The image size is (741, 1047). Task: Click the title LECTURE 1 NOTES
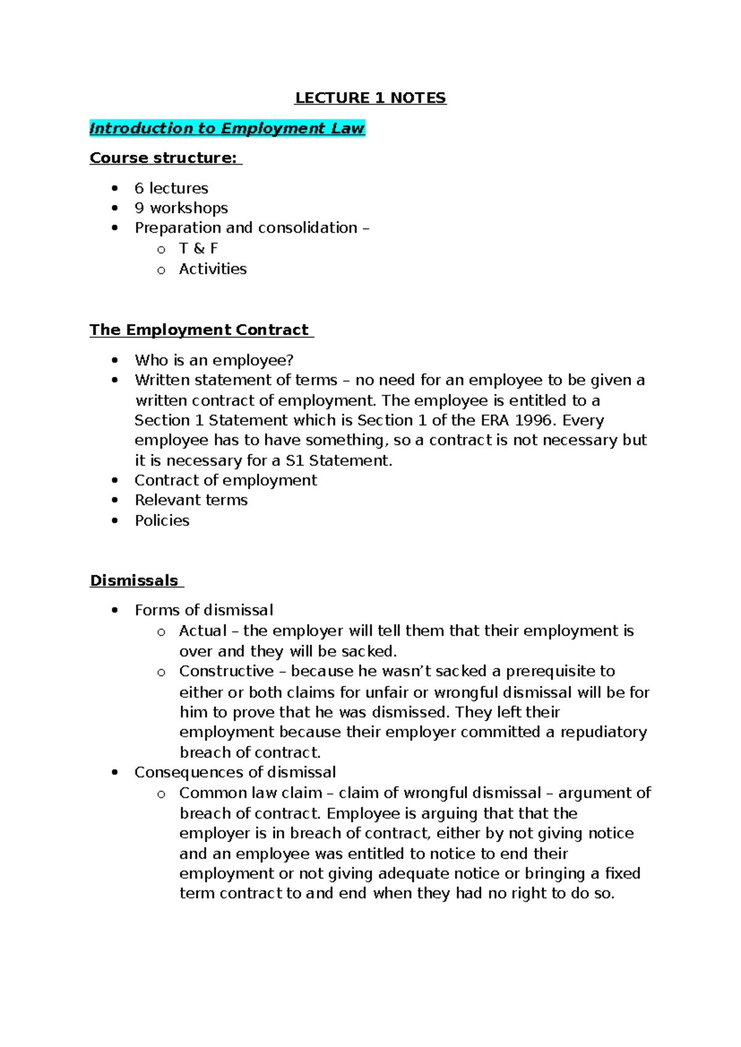coord(370,98)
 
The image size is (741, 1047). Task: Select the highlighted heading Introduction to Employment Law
coord(227,128)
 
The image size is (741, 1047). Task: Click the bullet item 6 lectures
coord(171,188)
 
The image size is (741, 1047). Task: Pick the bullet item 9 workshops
coord(181,208)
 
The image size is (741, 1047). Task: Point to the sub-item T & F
coord(198,248)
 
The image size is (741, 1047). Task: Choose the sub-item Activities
coord(212,269)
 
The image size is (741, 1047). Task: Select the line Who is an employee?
coord(214,360)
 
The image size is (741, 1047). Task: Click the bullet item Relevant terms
coord(191,500)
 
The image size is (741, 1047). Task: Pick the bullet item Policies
coord(162,520)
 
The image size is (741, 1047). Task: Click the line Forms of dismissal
coord(204,611)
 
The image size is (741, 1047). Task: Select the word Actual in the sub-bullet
coord(203,631)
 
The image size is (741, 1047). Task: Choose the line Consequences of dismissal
coord(235,772)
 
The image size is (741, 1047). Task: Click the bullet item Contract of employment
coord(225,480)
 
